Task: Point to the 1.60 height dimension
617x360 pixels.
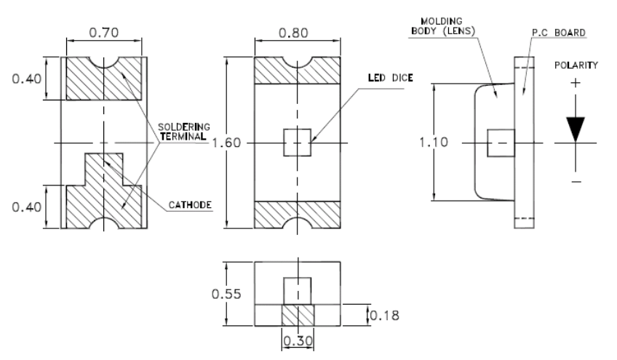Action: [x=226, y=143]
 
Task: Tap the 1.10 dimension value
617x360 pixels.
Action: [x=435, y=143]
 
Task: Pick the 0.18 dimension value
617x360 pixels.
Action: [x=383, y=315]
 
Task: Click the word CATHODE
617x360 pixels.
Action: [x=189, y=206]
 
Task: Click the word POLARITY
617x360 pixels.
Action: [x=576, y=65]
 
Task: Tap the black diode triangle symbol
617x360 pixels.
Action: [x=576, y=128]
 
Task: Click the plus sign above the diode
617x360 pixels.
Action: [x=576, y=84]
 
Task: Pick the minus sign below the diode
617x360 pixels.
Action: [x=576, y=180]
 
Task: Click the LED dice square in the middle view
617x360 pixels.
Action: [x=297, y=143]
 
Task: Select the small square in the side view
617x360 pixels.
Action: [x=500, y=143]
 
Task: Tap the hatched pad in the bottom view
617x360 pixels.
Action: [x=297, y=316]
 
